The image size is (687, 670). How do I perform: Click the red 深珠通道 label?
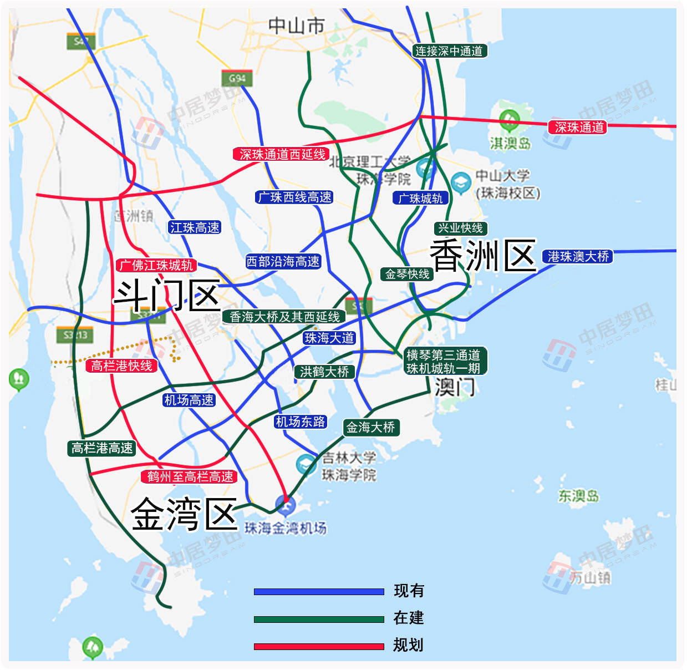pyautogui.click(x=579, y=127)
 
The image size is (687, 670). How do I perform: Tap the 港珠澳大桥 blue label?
pyautogui.click(x=578, y=256)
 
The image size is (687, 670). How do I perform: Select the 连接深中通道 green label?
pyautogui.click(x=449, y=51)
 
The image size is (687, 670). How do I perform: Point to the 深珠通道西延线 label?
pyautogui.click(x=282, y=154)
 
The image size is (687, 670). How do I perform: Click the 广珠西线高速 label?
pyautogui.click(x=294, y=197)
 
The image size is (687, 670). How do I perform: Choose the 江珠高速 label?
pyautogui.click(x=195, y=227)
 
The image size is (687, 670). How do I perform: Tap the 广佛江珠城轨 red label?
pyautogui.click(x=156, y=265)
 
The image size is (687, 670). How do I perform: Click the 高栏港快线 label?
pyautogui.click(x=121, y=366)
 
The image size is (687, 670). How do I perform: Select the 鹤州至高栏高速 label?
pyautogui.click(x=190, y=476)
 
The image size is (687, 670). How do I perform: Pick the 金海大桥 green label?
pyautogui.click(x=370, y=427)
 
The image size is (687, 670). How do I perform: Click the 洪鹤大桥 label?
pyautogui.click(x=324, y=372)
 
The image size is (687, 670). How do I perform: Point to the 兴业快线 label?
pyautogui.click(x=460, y=228)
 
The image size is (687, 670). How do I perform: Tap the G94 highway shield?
pyautogui.click(x=237, y=78)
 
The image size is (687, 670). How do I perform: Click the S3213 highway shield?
pyautogui.click(x=75, y=335)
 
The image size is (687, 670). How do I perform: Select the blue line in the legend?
pyautogui.click(x=318, y=592)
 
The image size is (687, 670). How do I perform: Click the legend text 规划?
pyautogui.click(x=408, y=645)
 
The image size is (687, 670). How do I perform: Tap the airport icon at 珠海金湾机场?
pyautogui.click(x=286, y=504)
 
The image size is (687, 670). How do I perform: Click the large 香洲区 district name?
pyautogui.click(x=482, y=256)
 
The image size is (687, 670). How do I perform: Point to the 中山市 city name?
pyautogui.click(x=296, y=26)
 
